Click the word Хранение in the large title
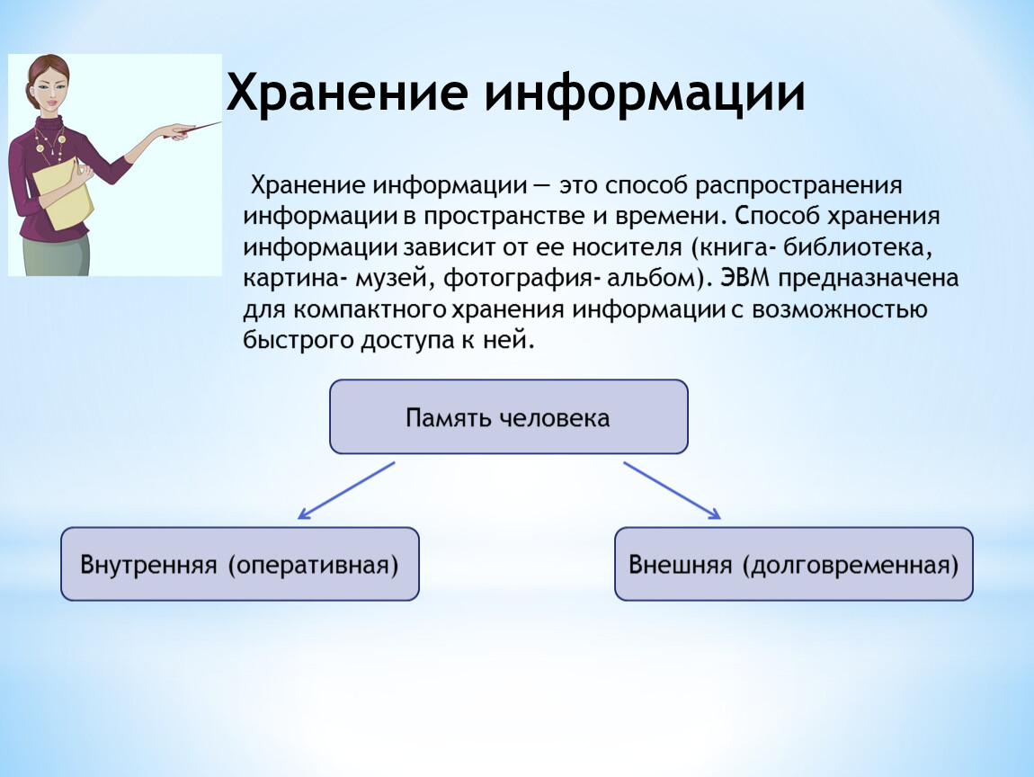(x=347, y=94)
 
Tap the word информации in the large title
(x=645, y=94)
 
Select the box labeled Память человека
(x=508, y=417)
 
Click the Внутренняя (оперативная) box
(x=240, y=564)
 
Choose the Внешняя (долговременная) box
(x=793, y=564)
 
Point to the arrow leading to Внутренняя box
(x=345, y=491)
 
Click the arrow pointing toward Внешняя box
(x=672, y=491)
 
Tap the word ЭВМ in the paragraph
(x=744, y=278)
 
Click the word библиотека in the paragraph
(x=858, y=247)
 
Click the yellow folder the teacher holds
(x=64, y=193)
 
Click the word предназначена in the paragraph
(x=868, y=279)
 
